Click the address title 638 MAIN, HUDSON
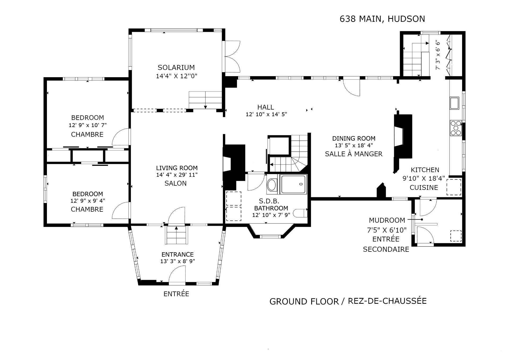[382, 19]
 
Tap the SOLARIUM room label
[176, 67]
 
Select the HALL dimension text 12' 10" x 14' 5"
[266, 114]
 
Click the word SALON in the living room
[175, 183]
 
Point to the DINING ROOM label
[354, 138]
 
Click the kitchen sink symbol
[454, 103]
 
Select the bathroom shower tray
[294, 184]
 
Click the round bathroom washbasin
[272, 185]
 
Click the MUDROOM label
[387, 220]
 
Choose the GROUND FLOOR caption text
[304, 302]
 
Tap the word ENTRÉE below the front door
[176, 294]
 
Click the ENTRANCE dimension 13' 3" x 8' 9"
[178, 261]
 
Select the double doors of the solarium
[232, 56]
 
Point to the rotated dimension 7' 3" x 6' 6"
[438, 55]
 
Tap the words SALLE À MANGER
[354, 154]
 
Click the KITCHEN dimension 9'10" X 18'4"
[424, 178]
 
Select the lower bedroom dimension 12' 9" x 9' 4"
[88, 201]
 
